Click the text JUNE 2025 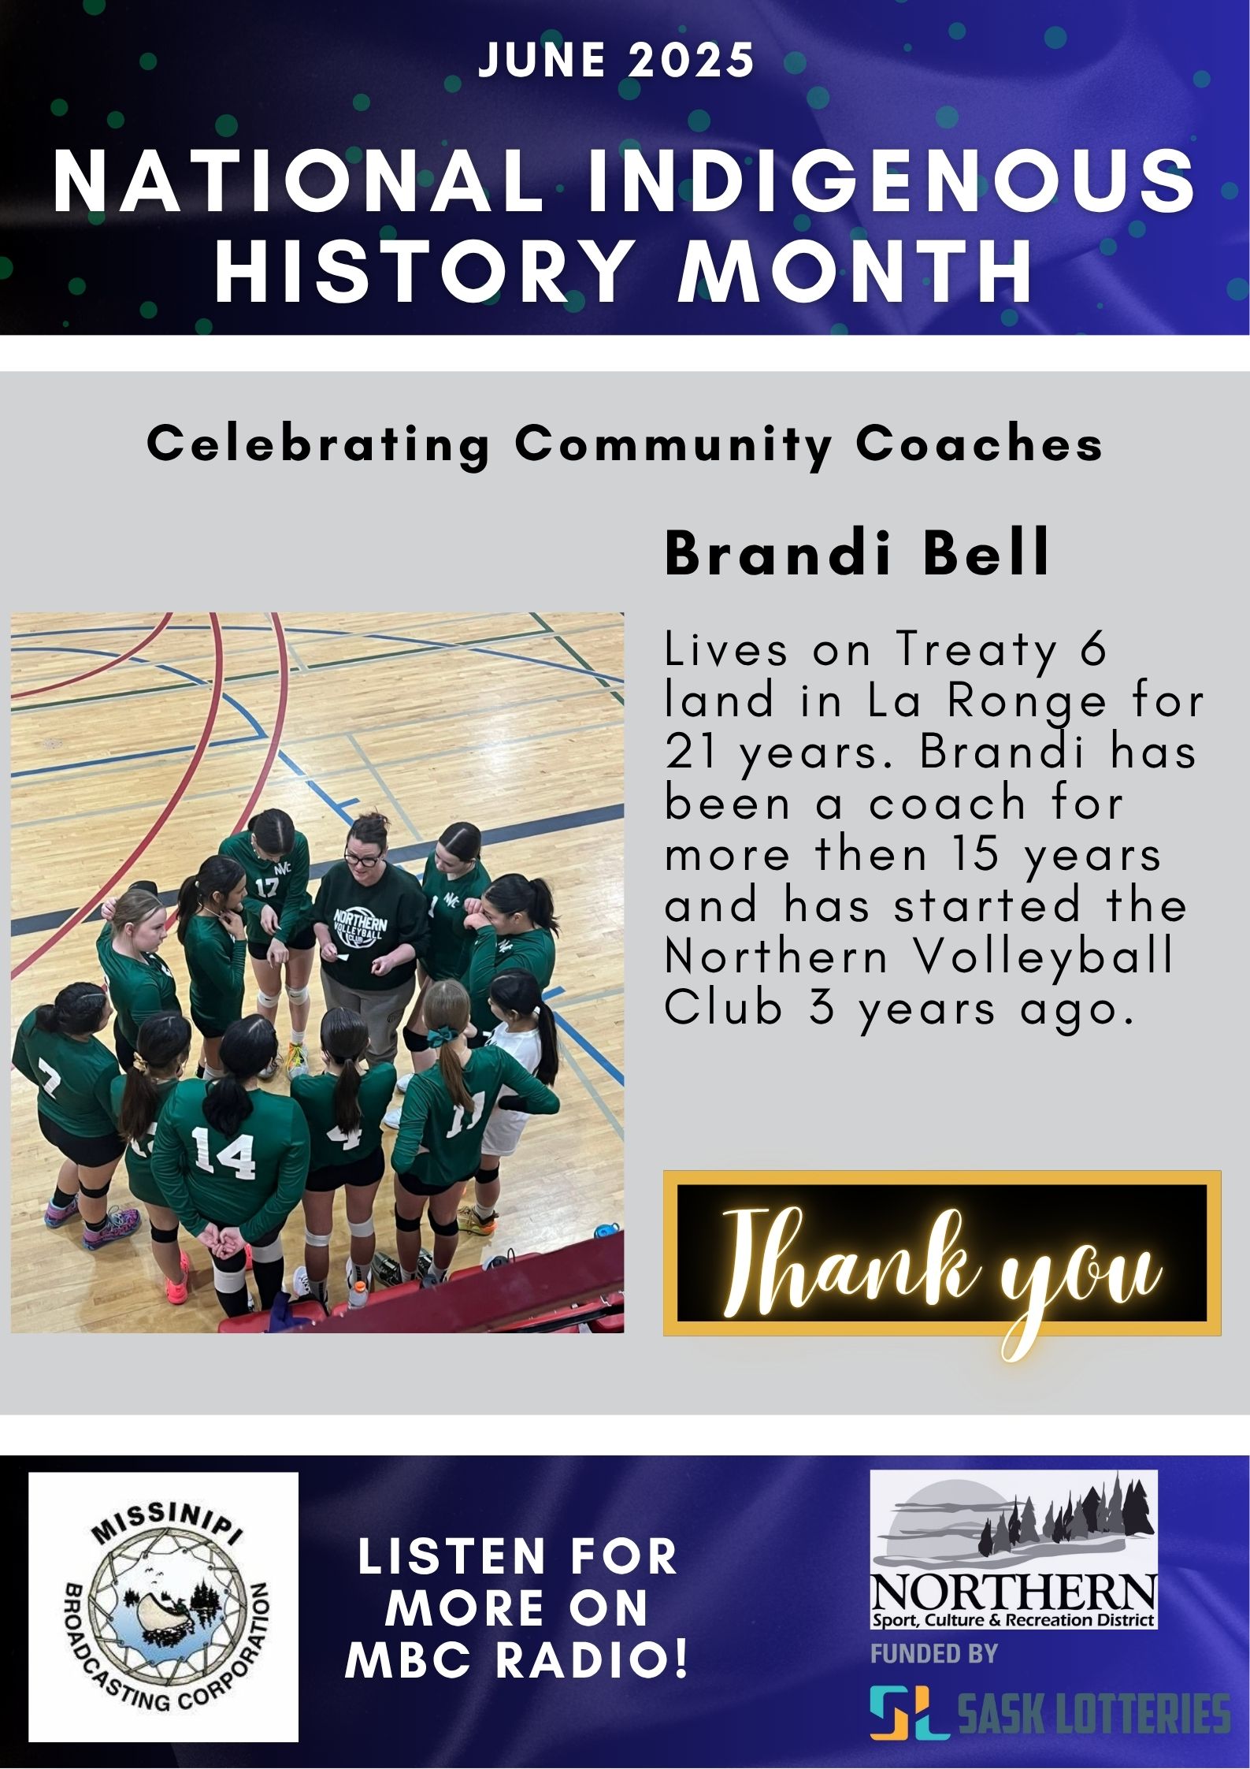617,60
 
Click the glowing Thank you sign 942,1253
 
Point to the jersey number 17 266,886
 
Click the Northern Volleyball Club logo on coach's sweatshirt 360,931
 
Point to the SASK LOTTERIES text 1093,1713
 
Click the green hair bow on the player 438,1039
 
